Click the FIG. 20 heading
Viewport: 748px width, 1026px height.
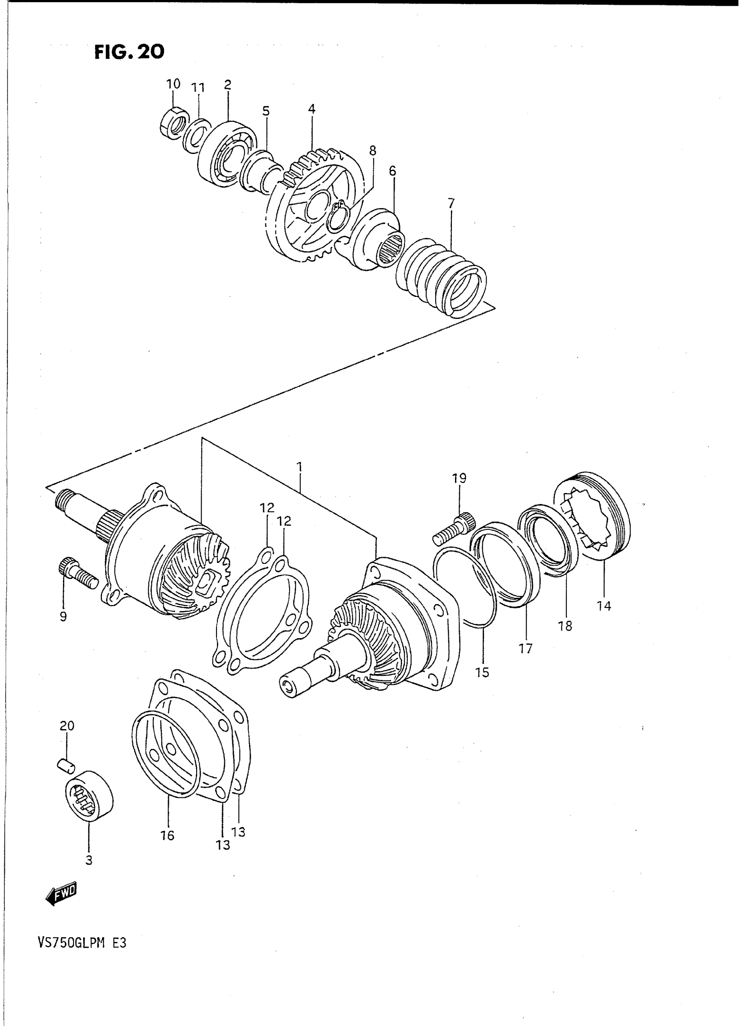click(x=129, y=52)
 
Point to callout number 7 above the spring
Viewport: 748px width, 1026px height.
click(x=451, y=204)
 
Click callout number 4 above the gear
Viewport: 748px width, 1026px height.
click(x=312, y=109)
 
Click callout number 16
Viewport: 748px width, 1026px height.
click(x=168, y=836)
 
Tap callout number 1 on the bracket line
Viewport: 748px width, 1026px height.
click(x=300, y=467)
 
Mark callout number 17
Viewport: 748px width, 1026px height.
click(x=526, y=648)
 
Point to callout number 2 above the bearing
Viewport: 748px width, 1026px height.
click(x=228, y=84)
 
